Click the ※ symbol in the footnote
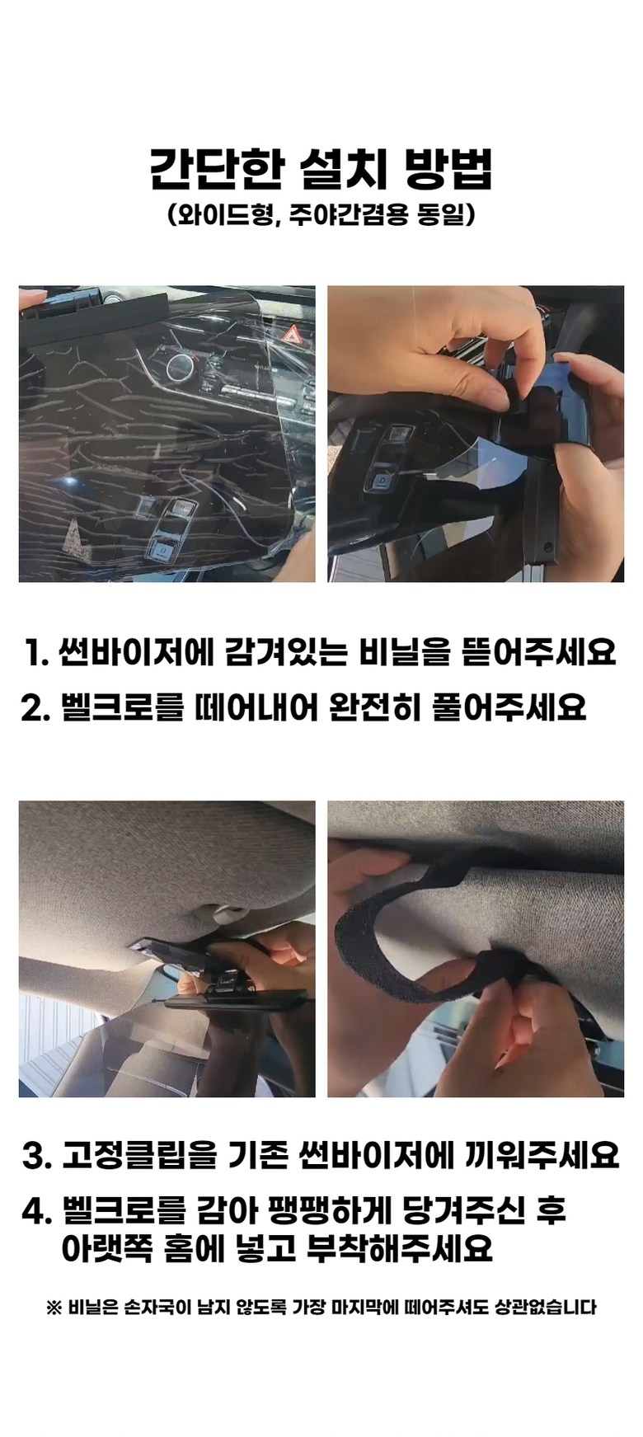pyautogui.click(x=54, y=1307)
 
